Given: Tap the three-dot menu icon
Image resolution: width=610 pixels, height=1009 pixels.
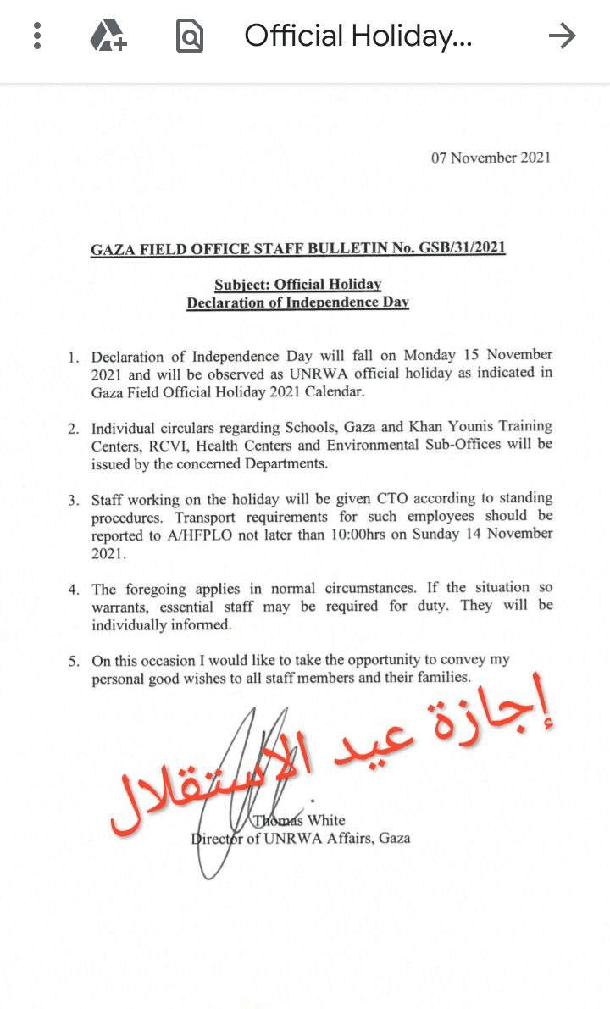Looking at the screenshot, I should pyautogui.click(x=36, y=36).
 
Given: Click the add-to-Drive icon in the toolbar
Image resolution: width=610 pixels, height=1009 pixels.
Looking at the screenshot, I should pyautogui.click(x=108, y=36).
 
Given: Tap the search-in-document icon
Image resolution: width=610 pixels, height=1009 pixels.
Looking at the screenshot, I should pyautogui.click(x=189, y=36).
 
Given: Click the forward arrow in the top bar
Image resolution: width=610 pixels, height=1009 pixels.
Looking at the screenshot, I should pyautogui.click(x=561, y=36).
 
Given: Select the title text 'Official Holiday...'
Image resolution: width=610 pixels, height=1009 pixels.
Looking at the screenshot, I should pyautogui.click(x=358, y=36).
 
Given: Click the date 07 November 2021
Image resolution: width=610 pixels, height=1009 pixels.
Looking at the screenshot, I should pyautogui.click(x=491, y=158).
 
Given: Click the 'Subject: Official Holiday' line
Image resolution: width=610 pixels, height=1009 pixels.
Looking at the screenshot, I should pyautogui.click(x=297, y=285).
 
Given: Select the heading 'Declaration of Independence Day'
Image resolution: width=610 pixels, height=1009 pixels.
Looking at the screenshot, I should pyautogui.click(x=297, y=302).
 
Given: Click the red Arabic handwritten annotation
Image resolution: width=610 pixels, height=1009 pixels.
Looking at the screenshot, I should pyautogui.click(x=335, y=758).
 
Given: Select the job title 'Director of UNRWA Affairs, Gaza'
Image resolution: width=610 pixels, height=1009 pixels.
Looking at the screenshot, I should pyautogui.click(x=301, y=838).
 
